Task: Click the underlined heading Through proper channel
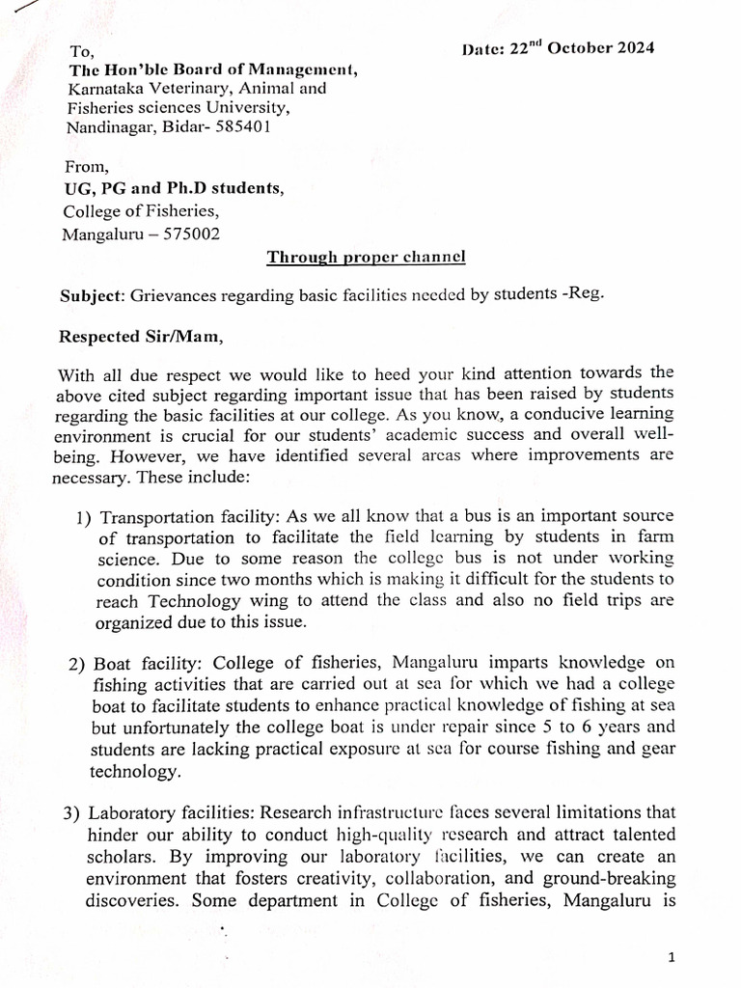pos(366,257)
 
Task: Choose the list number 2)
pos(78,666)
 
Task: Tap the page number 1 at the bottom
pos(672,957)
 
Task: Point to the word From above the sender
pos(86,169)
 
